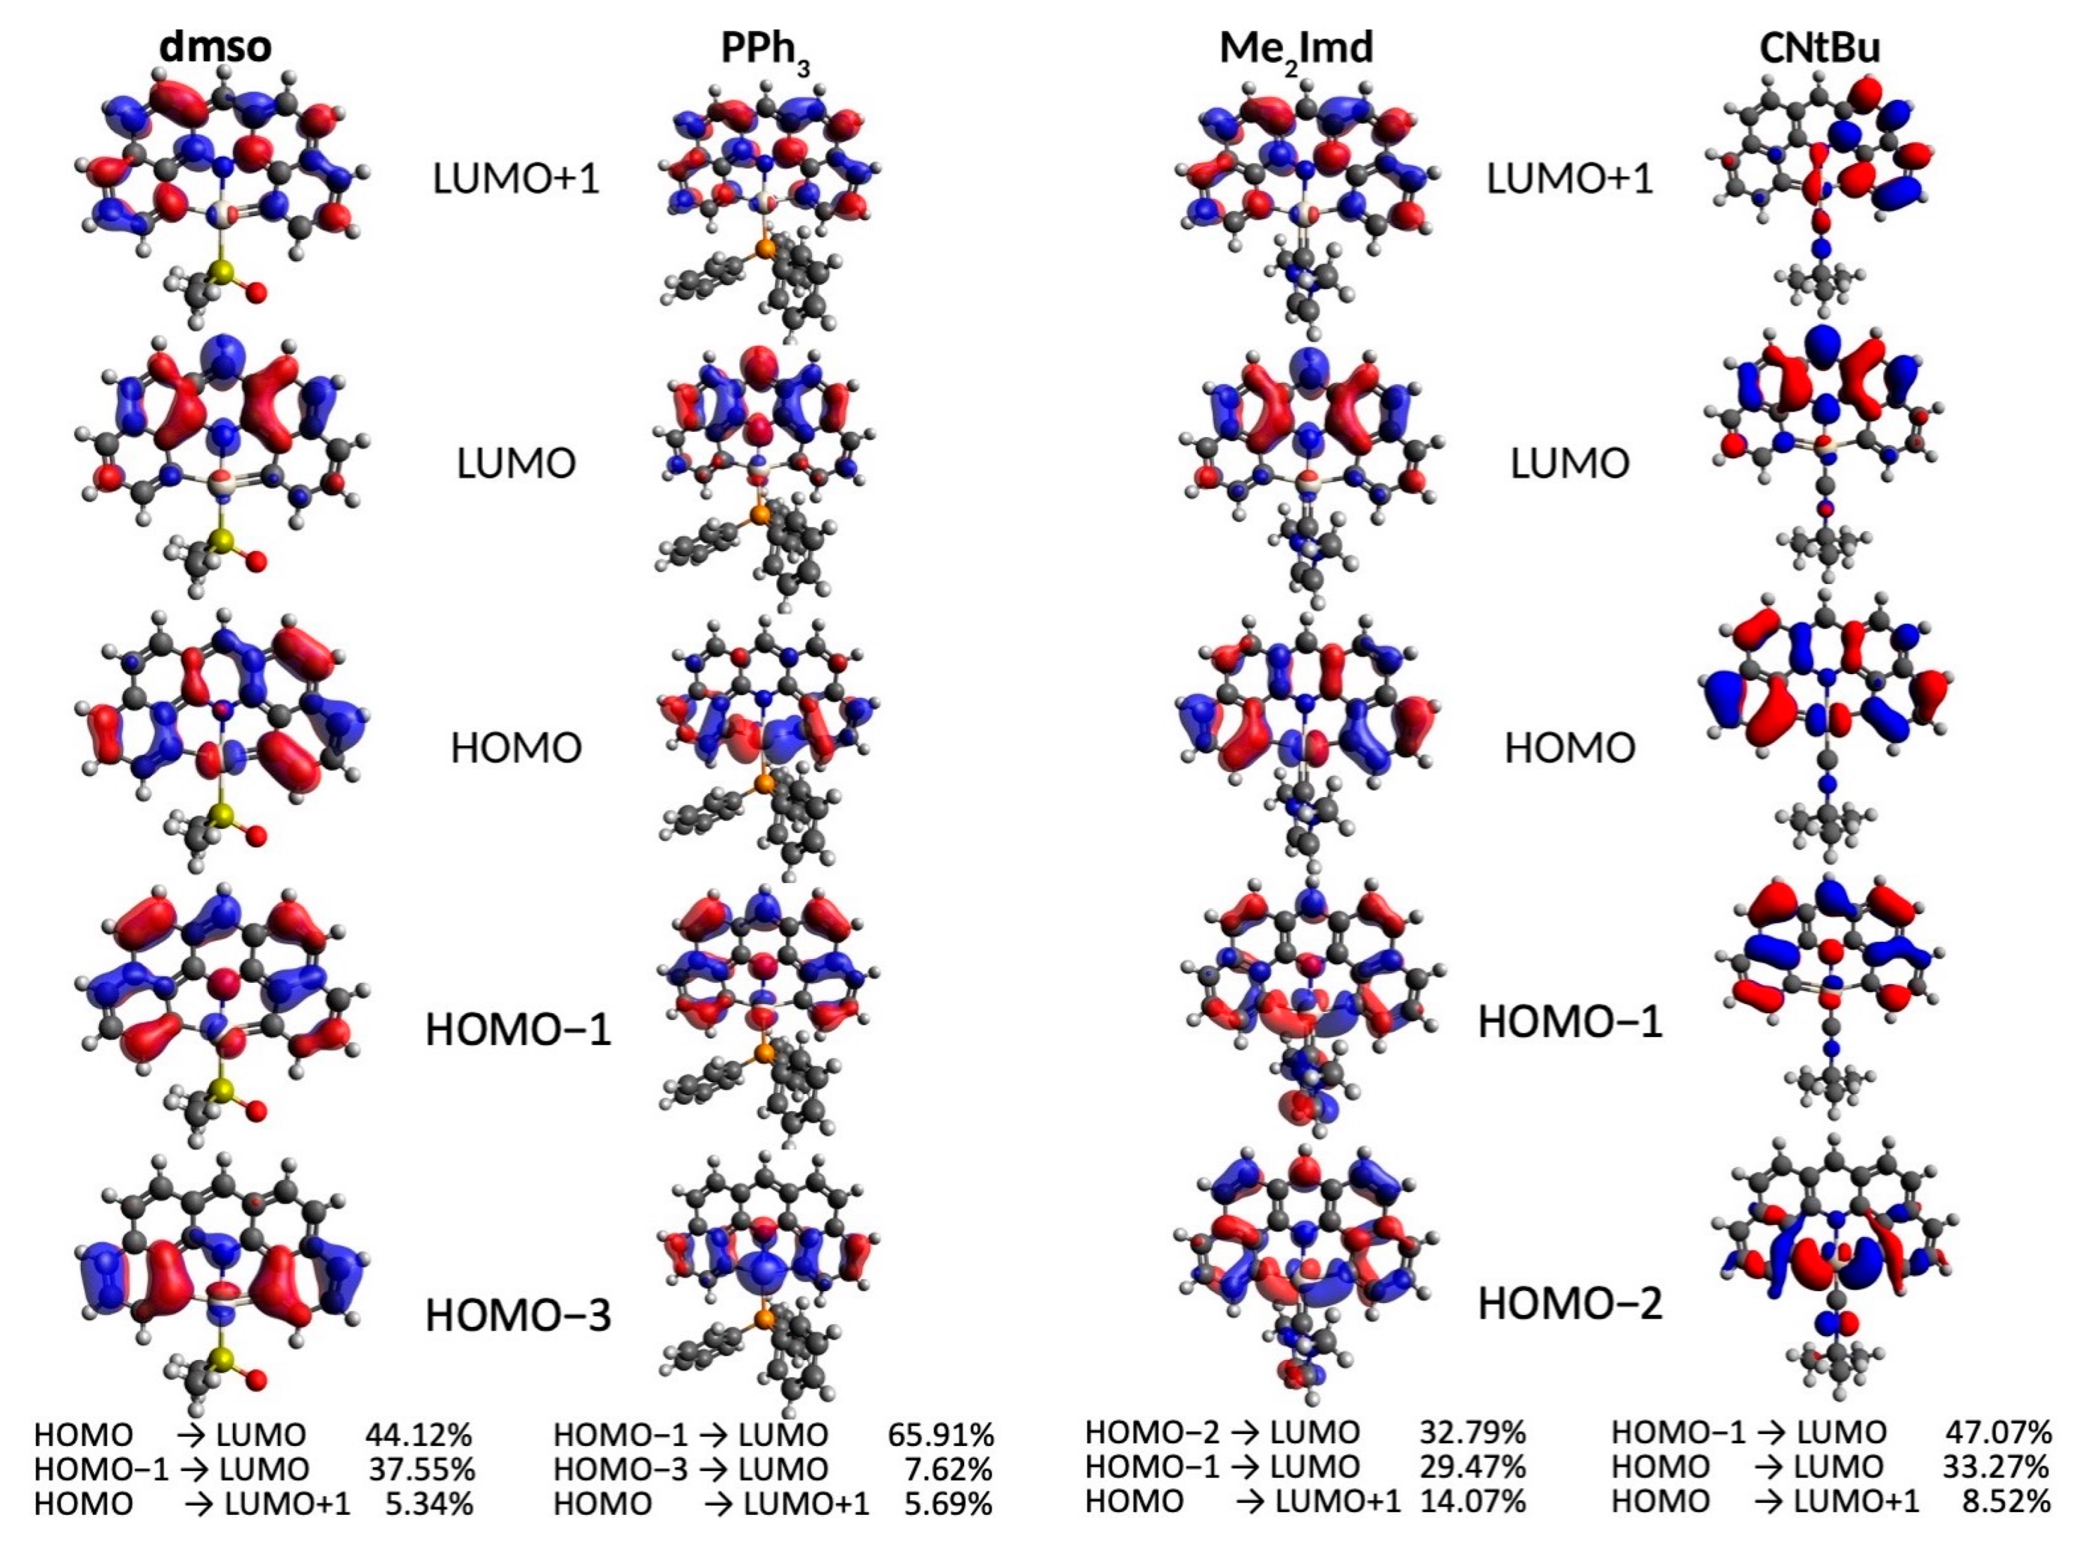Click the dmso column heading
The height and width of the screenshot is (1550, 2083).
click(215, 47)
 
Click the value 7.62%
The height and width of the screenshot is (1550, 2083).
click(948, 1469)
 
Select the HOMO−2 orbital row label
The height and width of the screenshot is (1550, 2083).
click(1570, 1303)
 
